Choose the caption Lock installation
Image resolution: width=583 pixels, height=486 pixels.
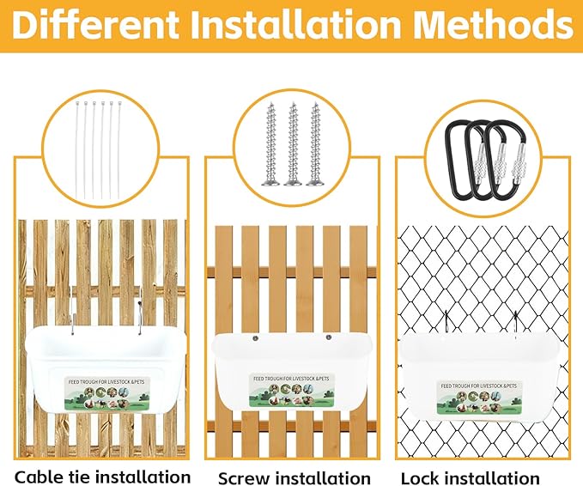coord(470,477)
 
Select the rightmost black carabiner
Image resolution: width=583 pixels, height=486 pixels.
coord(511,155)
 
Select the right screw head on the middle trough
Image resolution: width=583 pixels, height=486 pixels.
coord(328,338)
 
